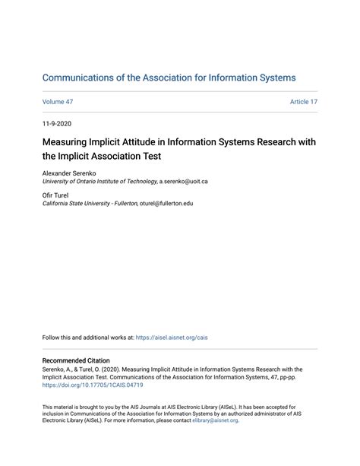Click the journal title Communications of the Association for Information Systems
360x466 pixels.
click(x=169, y=78)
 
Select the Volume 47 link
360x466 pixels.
click(x=57, y=102)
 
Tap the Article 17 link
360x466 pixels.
click(x=303, y=102)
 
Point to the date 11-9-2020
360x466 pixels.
click(x=57, y=123)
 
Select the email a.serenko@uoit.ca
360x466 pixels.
click(x=183, y=182)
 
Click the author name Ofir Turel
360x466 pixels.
click(x=55, y=196)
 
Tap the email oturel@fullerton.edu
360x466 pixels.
click(x=166, y=204)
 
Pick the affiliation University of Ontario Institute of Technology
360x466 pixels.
click(x=99, y=182)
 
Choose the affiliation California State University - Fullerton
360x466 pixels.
click(x=90, y=204)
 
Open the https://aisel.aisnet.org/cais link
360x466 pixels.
click(x=173, y=337)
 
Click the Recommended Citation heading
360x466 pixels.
click(x=76, y=360)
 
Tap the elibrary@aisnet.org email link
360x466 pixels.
click(x=215, y=420)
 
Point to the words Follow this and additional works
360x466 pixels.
click(x=84, y=337)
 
